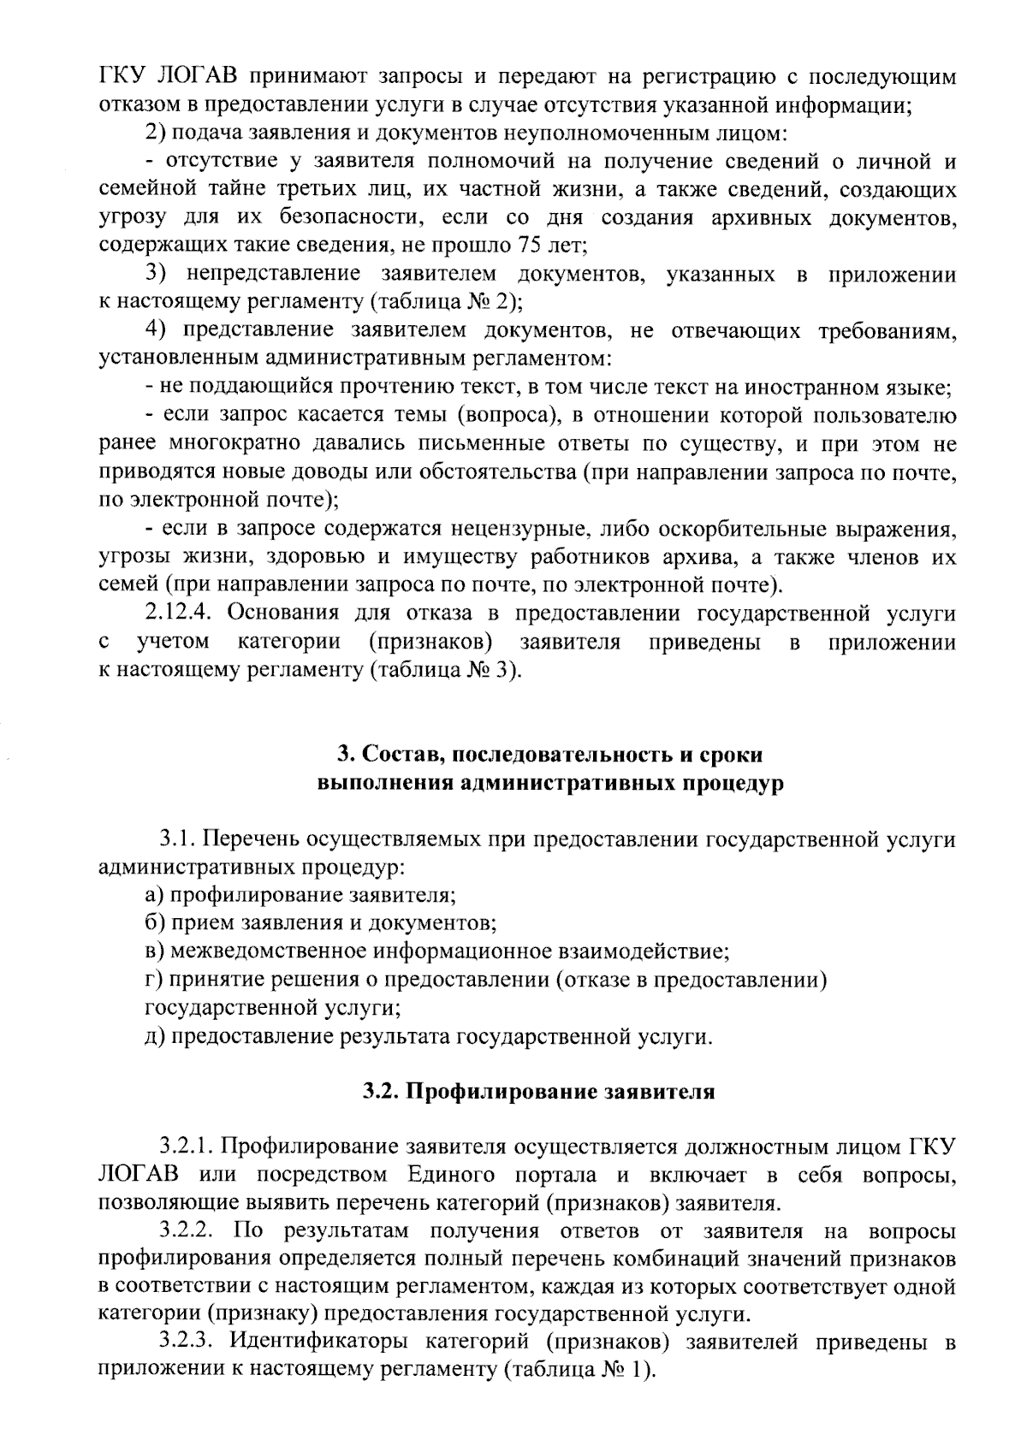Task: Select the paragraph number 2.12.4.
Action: pyautogui.click(x=181, y=613)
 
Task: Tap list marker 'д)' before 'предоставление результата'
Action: pyautogui.click(x=154, y=1036)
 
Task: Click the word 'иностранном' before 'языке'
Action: pyautogui.click(x=822, y=387)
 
